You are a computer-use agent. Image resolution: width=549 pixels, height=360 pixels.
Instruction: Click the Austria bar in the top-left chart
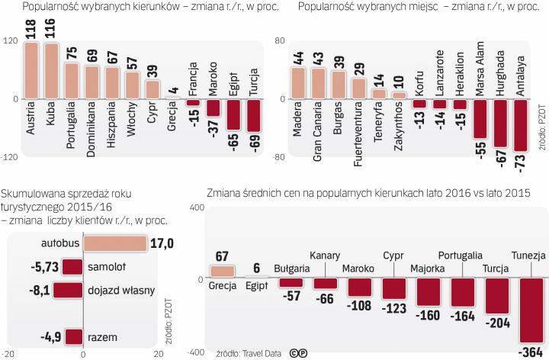(x=31, y=70)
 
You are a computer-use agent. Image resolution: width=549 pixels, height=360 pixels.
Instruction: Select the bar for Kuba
(x=51, y=71)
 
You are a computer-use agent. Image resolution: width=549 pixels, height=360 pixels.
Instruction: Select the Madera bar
(x=298, y=83)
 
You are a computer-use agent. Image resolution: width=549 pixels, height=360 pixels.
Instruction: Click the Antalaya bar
(x=521, y=126)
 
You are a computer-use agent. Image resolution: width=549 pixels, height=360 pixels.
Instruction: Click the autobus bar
(x=114, y=243)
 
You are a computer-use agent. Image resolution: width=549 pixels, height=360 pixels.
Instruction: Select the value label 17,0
(x=162, y=243)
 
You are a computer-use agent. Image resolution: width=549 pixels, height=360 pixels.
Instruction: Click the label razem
(x=100, y=336)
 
